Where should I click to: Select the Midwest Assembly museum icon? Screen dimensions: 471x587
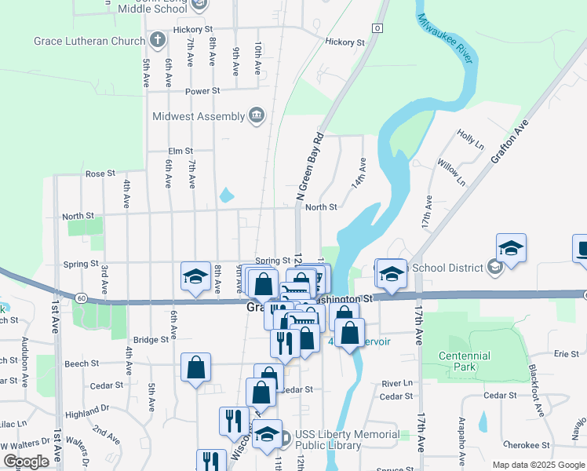point(257,116)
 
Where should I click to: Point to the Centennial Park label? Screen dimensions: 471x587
point(466,361)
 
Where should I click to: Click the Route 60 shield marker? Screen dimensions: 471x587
point(81,298)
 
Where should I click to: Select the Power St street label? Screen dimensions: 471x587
point(202,91)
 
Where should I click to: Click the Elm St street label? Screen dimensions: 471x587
point(180,152)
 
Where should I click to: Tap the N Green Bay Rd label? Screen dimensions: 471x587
point(308,165)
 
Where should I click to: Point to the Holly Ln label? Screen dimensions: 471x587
point(471,140)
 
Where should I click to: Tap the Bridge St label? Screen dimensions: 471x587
point(151,340)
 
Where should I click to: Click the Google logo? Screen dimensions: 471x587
point(27,462)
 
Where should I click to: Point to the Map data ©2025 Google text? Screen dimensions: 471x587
point(538,465)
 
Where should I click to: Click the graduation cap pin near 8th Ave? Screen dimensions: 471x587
point(195,276)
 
